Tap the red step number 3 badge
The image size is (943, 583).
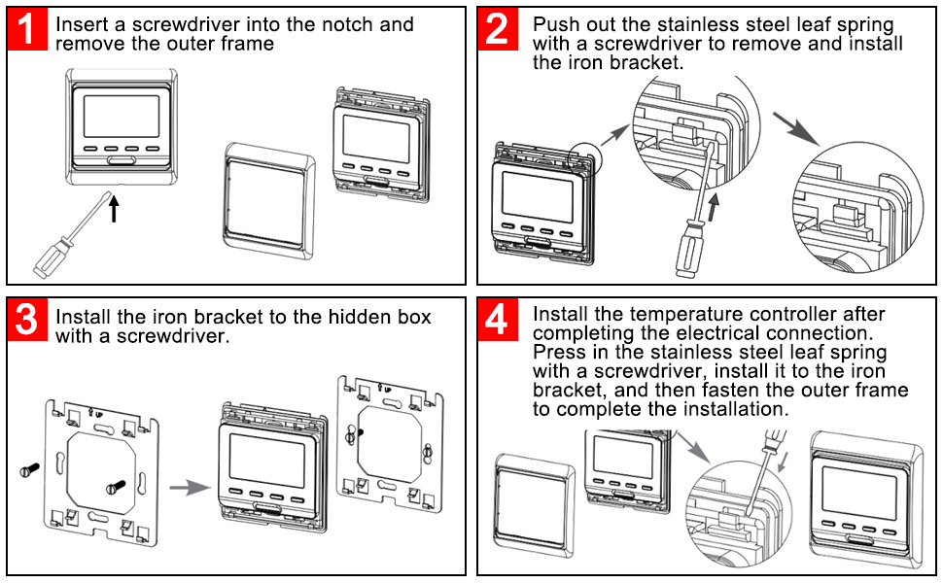click(x=27, y=319)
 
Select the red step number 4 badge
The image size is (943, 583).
click(x=498, y=319)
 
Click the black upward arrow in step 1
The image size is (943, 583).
click(x=114, y=209)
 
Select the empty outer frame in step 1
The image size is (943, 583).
click(x=268, y=201)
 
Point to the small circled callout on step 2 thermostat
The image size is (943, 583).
click(x=585, y=159)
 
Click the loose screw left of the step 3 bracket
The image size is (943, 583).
click(x=29, y=469)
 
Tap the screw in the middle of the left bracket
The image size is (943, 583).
click(x=116, y=487)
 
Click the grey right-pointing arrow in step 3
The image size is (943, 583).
click(x=190, y=488)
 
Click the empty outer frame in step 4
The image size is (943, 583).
click(x=534, y=506)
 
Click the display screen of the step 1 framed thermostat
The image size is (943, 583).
click(x=122, y=116)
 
